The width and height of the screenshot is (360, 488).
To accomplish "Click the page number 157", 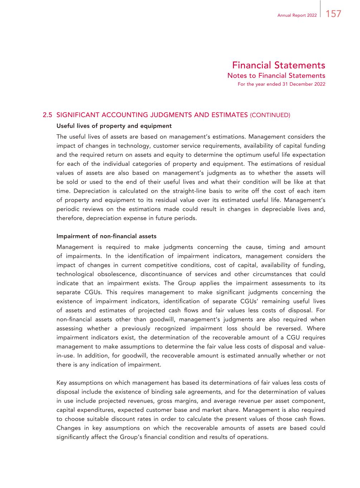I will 334,14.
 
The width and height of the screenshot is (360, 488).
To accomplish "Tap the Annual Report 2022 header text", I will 297,15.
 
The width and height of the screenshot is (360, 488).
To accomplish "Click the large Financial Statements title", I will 278,65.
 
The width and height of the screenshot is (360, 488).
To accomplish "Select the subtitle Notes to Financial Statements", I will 276,75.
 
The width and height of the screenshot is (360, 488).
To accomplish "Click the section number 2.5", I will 48,115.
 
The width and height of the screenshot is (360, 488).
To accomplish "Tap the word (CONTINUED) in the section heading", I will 270,115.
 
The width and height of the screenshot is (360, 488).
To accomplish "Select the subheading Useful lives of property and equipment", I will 114,126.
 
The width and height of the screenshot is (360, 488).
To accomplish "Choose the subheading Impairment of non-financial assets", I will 106,236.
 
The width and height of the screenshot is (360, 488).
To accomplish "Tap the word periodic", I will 67,209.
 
